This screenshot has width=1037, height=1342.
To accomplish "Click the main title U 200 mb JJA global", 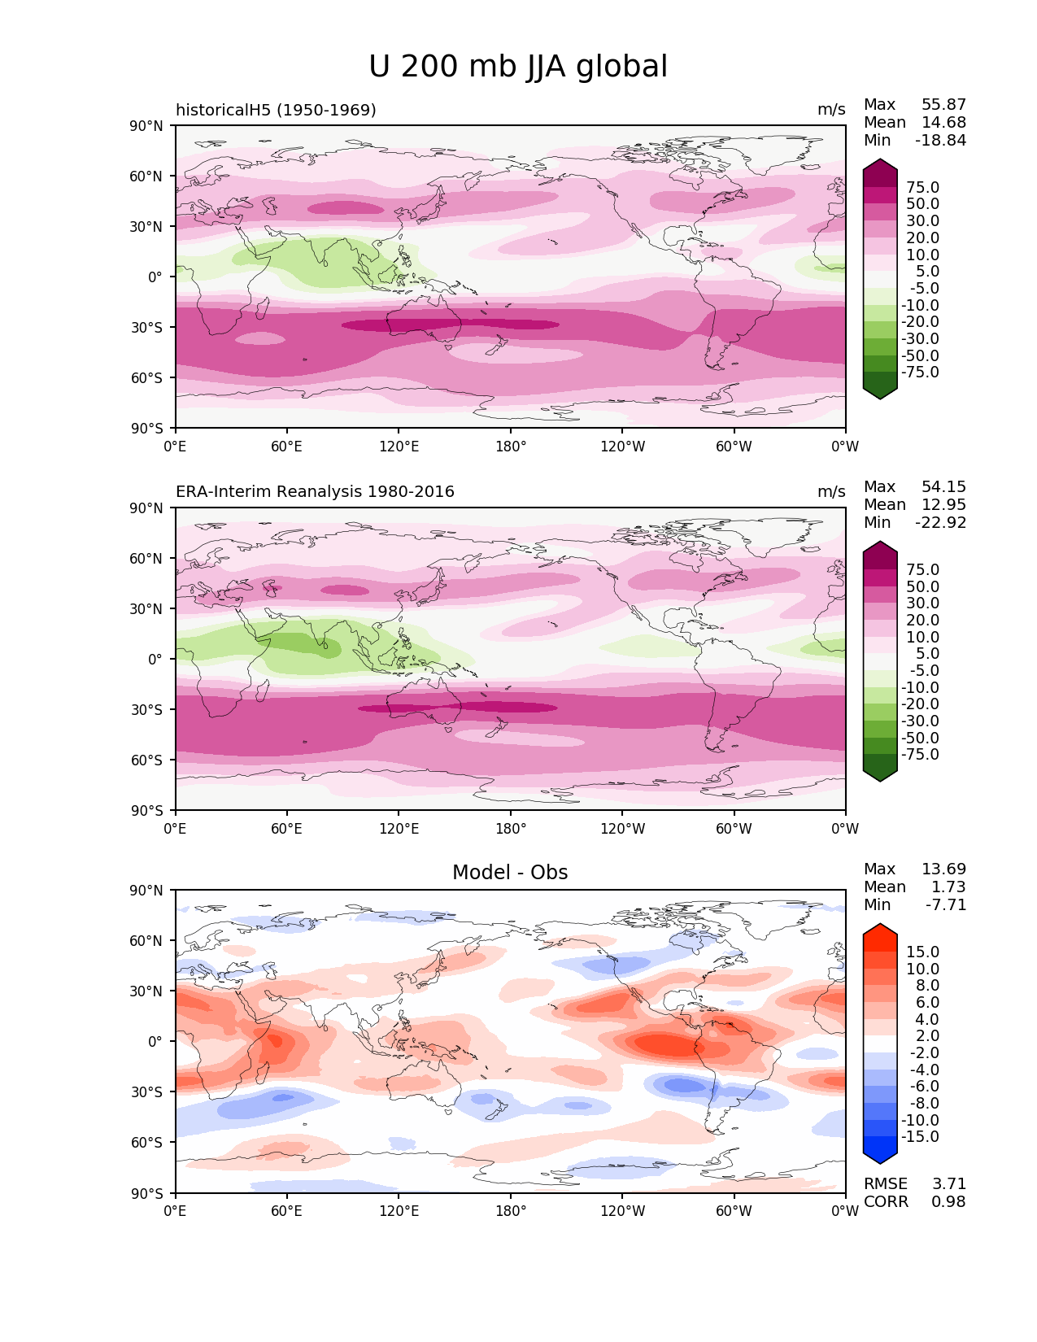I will [x=518, y=67].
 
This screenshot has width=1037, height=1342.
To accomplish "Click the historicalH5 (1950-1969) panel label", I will [x=276, y=110].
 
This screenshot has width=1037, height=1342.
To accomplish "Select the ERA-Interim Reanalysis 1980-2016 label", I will [x=315, y=492].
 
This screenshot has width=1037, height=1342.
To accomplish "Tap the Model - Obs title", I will [x=510, y=873].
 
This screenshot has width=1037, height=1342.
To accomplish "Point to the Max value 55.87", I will [x=943, y=105].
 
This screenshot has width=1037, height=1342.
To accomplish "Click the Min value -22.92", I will [x=941, y=523].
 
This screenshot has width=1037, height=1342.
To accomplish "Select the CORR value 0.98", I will [x=948, y=1202].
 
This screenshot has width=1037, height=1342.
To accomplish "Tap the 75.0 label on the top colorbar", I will [x=922, y=188].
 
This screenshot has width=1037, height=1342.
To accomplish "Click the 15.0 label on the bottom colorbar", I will [x=922, y=952].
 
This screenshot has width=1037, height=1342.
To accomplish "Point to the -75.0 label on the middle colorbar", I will [x=920, y=755].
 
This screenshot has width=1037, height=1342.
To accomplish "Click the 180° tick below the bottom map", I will [x=511, y=1211].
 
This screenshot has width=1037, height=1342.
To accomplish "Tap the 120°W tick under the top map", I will [x=622, y=447].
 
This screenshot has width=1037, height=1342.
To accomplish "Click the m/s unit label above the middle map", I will [x=831, y=492].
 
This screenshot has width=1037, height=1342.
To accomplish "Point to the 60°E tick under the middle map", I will [x=287, y=829].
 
